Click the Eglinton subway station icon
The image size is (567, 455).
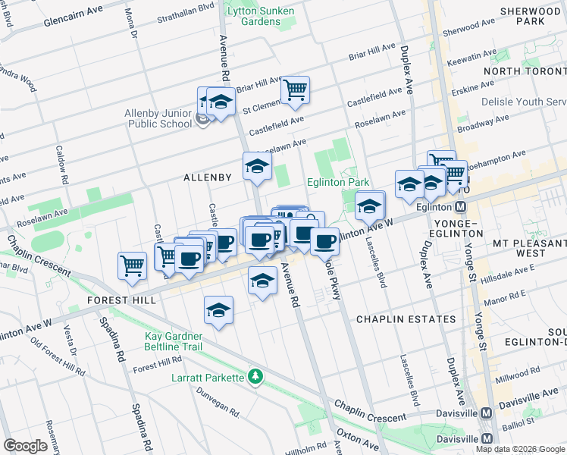pos(461,207)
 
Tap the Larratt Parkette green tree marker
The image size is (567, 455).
pos(256,377)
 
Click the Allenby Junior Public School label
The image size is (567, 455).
pos(158,119)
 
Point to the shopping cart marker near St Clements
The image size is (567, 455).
pos(295,89)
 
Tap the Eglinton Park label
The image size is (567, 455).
pos(337,182)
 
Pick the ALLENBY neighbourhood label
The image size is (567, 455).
pos(207,177)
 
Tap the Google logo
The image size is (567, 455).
pos(26,446)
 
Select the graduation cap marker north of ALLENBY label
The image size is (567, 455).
pos(257,166)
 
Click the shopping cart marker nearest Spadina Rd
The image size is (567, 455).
pos(132,265)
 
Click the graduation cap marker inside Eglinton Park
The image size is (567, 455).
pos(370,206)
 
